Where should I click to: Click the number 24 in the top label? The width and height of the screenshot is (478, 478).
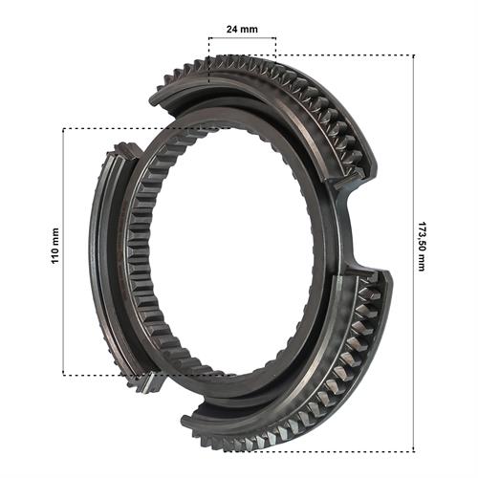[231, 30]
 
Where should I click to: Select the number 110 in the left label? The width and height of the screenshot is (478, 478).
[55, 256]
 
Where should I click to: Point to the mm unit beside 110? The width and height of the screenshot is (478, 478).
[55, 236]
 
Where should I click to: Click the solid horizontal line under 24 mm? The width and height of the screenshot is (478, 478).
[242, 38]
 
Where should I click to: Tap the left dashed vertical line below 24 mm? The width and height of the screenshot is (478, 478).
[209, 60]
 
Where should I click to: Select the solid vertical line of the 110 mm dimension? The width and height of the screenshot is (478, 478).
[63, 251]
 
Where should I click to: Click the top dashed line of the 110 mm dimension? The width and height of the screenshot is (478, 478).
[146, 128]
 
